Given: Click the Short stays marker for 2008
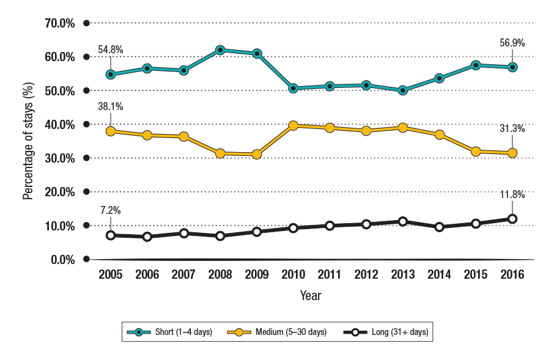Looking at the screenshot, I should tap(220, 50).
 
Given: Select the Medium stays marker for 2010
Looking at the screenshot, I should tap(293, 125).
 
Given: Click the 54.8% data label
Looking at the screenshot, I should tap(110, 48).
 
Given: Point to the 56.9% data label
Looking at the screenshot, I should tap(512, 43).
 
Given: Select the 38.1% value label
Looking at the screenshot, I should tap(110, 106).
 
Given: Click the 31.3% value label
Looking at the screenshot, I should tap(512, 128).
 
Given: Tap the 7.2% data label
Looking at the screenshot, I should tap(110, 210).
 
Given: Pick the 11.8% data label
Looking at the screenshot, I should tap(512, 196).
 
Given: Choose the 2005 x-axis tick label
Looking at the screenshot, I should tap(111, 274).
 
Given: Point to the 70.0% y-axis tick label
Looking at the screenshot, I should tap(60, 23).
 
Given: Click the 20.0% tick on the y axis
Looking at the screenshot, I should tap(60, 192).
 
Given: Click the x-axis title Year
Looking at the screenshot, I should tap(311, 296).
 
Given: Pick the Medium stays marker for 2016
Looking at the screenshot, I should tap(512, 153).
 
